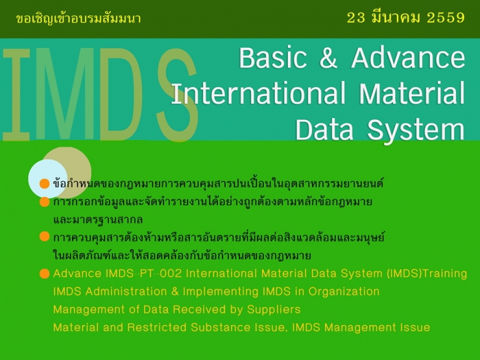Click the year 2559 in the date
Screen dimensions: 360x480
pos(446,18)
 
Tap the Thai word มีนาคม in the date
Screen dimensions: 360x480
pos(396,18)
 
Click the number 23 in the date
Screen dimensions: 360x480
pos(357,18)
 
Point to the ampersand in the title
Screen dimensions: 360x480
pos(329,59)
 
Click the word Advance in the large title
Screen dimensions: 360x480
pos(408,58)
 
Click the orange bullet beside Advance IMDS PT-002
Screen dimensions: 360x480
pos(44,274)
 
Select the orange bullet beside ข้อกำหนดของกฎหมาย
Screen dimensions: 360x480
pos(44,184)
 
